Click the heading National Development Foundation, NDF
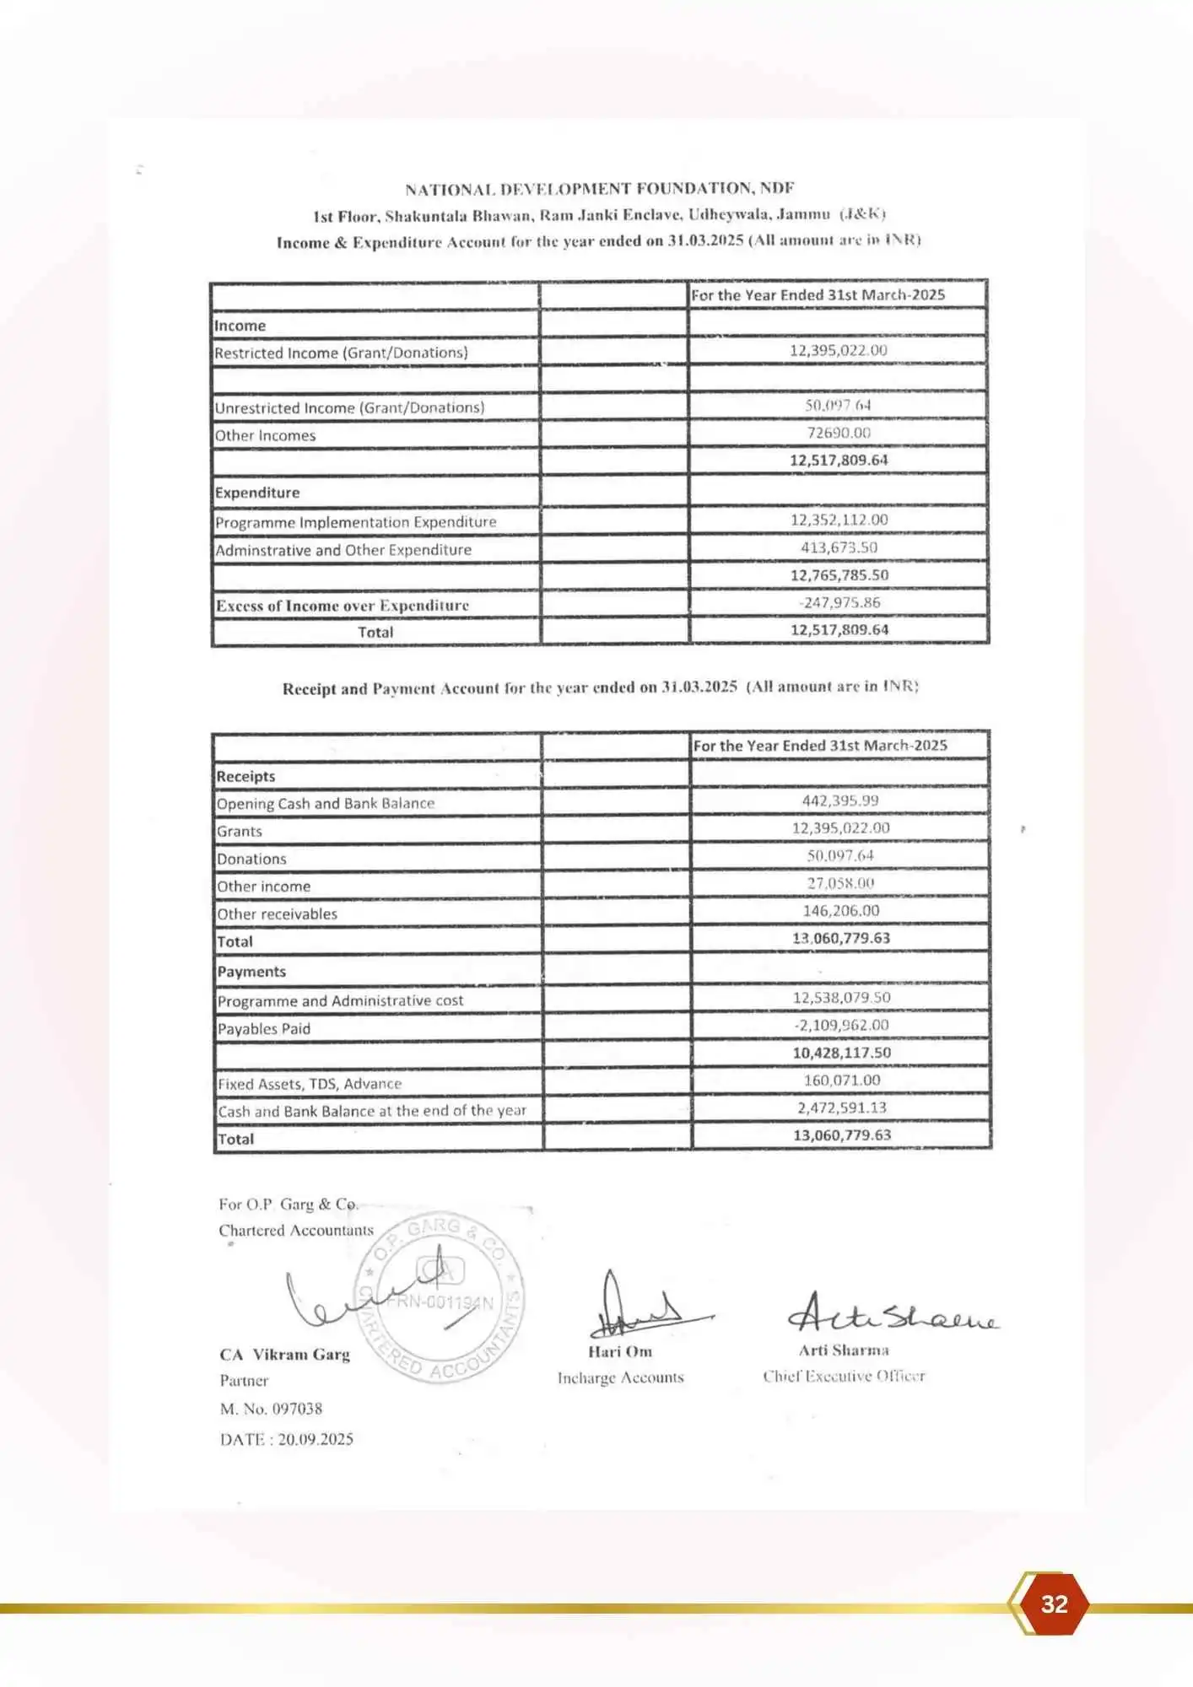[599, 188]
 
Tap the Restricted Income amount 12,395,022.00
[838, 350]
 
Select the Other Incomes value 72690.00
[838, 433]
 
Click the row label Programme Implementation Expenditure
[355, 522]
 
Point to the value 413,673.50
[839, 547]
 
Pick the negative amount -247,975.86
[839, 602]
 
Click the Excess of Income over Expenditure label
[342, 606]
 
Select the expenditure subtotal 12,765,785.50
[839, 575]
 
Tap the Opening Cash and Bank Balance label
[326, 804]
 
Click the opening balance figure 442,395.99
[839, 800]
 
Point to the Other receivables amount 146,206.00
[840, 911]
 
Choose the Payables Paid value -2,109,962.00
[841, 1025]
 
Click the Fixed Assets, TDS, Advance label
[309, 1084]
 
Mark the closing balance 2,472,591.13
[841, 1108]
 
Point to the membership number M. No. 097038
[271, 1409]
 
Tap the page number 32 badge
[1054, 1603]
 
